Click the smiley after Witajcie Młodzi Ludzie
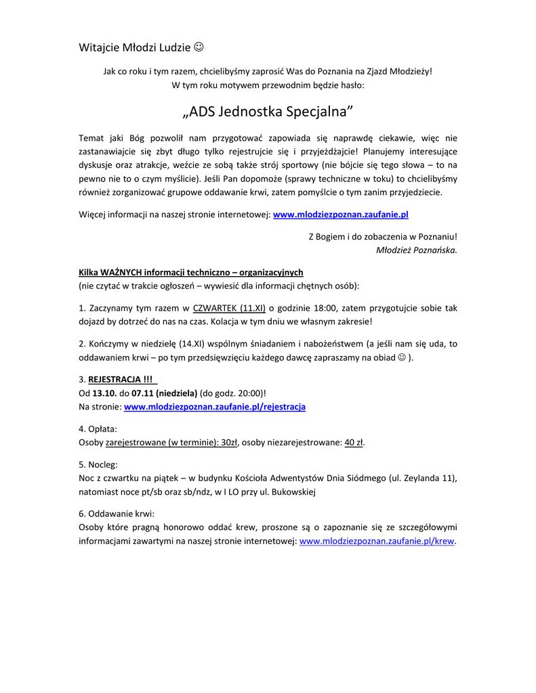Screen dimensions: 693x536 click(x=199, y=47)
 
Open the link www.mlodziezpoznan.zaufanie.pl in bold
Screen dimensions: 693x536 click(x=340, y=215)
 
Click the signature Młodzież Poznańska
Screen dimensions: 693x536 click(x=416, y=250)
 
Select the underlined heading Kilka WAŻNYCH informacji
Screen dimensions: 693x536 click(x=190, y=273)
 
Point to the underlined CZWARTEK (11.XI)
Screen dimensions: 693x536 click(x=229, y=308)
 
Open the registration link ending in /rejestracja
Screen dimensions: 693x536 click(x=215, y=407)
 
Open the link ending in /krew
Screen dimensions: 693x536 click(x=377, y=541)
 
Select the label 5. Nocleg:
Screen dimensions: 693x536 click(x=98, y=464)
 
